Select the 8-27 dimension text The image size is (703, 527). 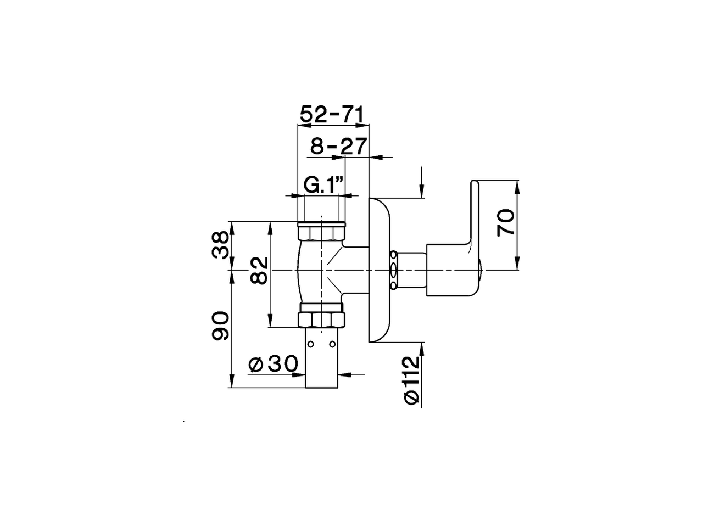point(338,147)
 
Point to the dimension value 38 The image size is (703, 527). point(221,245)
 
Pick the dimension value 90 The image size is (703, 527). point(221,326)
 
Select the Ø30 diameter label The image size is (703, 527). point(273,364)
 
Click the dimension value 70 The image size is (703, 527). point(506,222)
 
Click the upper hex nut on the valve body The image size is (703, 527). point(321,233)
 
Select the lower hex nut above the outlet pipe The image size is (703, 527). point(321,319)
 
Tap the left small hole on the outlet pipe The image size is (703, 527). point(311,344)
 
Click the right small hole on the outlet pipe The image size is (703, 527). point(332,344)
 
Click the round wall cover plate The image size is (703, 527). point(380,270)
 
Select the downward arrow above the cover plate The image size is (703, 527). point(421,189)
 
